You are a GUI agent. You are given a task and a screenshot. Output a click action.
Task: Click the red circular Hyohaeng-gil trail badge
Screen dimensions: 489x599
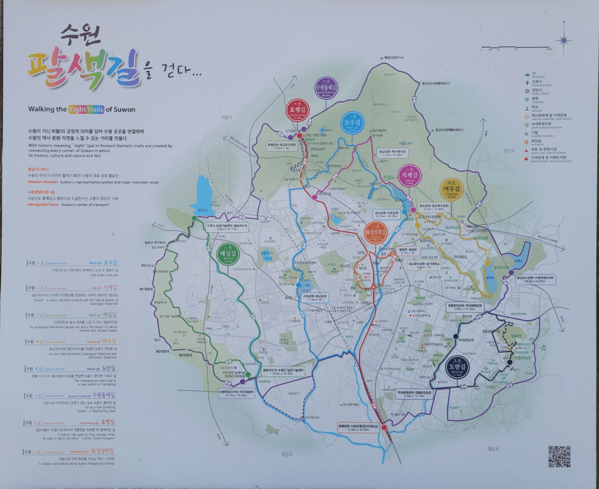[296, 110]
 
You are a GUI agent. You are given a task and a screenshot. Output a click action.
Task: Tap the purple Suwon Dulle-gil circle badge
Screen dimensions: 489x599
[326, 87]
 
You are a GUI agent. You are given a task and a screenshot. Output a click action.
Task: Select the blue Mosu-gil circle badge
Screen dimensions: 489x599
[352, 123]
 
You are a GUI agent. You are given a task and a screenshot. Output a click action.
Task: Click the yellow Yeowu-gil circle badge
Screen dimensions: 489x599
[451, 188]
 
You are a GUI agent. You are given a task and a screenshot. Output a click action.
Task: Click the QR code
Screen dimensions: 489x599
[559, 456]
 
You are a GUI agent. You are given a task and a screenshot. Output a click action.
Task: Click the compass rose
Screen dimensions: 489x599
[564, 40]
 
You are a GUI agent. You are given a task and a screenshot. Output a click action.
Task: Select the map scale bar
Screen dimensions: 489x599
[516, 47]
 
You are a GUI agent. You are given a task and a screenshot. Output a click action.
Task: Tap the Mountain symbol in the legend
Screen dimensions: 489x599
[528, 74]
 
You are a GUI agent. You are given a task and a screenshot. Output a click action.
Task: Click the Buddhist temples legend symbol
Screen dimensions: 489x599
[528, 133]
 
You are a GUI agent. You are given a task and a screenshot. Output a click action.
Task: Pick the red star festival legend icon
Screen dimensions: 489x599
[528, 158]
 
